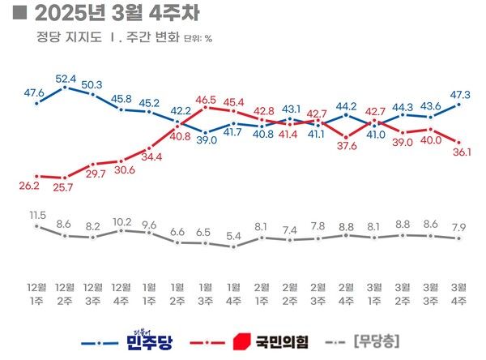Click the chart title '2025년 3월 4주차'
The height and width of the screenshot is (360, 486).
tap(114, 15)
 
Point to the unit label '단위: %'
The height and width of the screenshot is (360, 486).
tap(198, 38)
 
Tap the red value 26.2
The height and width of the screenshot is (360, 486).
tap(37, 185)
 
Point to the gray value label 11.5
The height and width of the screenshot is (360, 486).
tap(37, 215)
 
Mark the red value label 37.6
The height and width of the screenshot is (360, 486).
tap(347, 146)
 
